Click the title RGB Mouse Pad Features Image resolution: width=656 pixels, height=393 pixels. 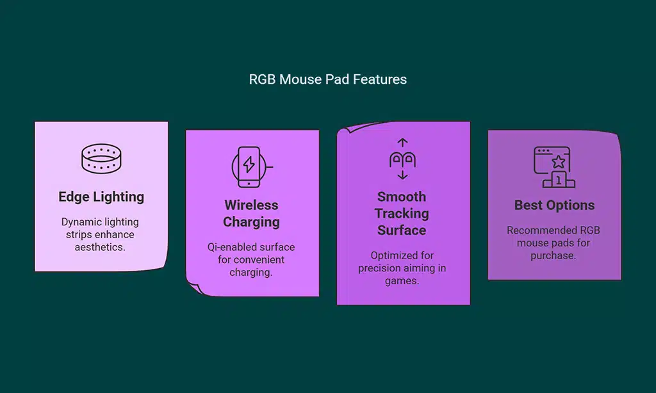pyautogui.click(x=327, y=79)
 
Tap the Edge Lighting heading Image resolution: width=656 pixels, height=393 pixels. pyautogui.click(x=101, y=196)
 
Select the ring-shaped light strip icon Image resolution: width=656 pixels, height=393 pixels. pyautogui.click(x=101, y=159)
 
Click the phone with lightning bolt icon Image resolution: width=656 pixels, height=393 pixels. pyautogui.click(x=249, y=167)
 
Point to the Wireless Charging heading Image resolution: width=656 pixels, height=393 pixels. pyautogui.click(x=251, y=213)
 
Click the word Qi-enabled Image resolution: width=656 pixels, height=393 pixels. pyautogui.click(x=229, y=247)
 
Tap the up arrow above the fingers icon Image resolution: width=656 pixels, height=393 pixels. pyautogui.click(x=402, y=143)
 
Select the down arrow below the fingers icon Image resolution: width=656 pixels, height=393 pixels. pyautogui.click(x=402, y=175)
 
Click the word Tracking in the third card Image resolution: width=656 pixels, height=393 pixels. pyautogui.click(x=402, y=213)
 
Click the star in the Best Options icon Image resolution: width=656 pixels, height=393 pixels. pyautogui.click(x=559, y=162)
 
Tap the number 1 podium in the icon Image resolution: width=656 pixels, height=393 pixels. pyautogui.click(x=559, y=180)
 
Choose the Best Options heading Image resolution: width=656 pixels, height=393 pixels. pyautogui.click(x=554, y=205)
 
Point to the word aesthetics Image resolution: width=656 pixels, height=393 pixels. pyautogui.click(x=100, y=247)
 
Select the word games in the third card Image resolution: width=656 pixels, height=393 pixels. pyautogui.click(x=402, y=281)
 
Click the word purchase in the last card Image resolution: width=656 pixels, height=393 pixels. pyautogui.click(x=553, y=256)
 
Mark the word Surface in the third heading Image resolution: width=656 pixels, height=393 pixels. pyautogui.click(x=402, y=230)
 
